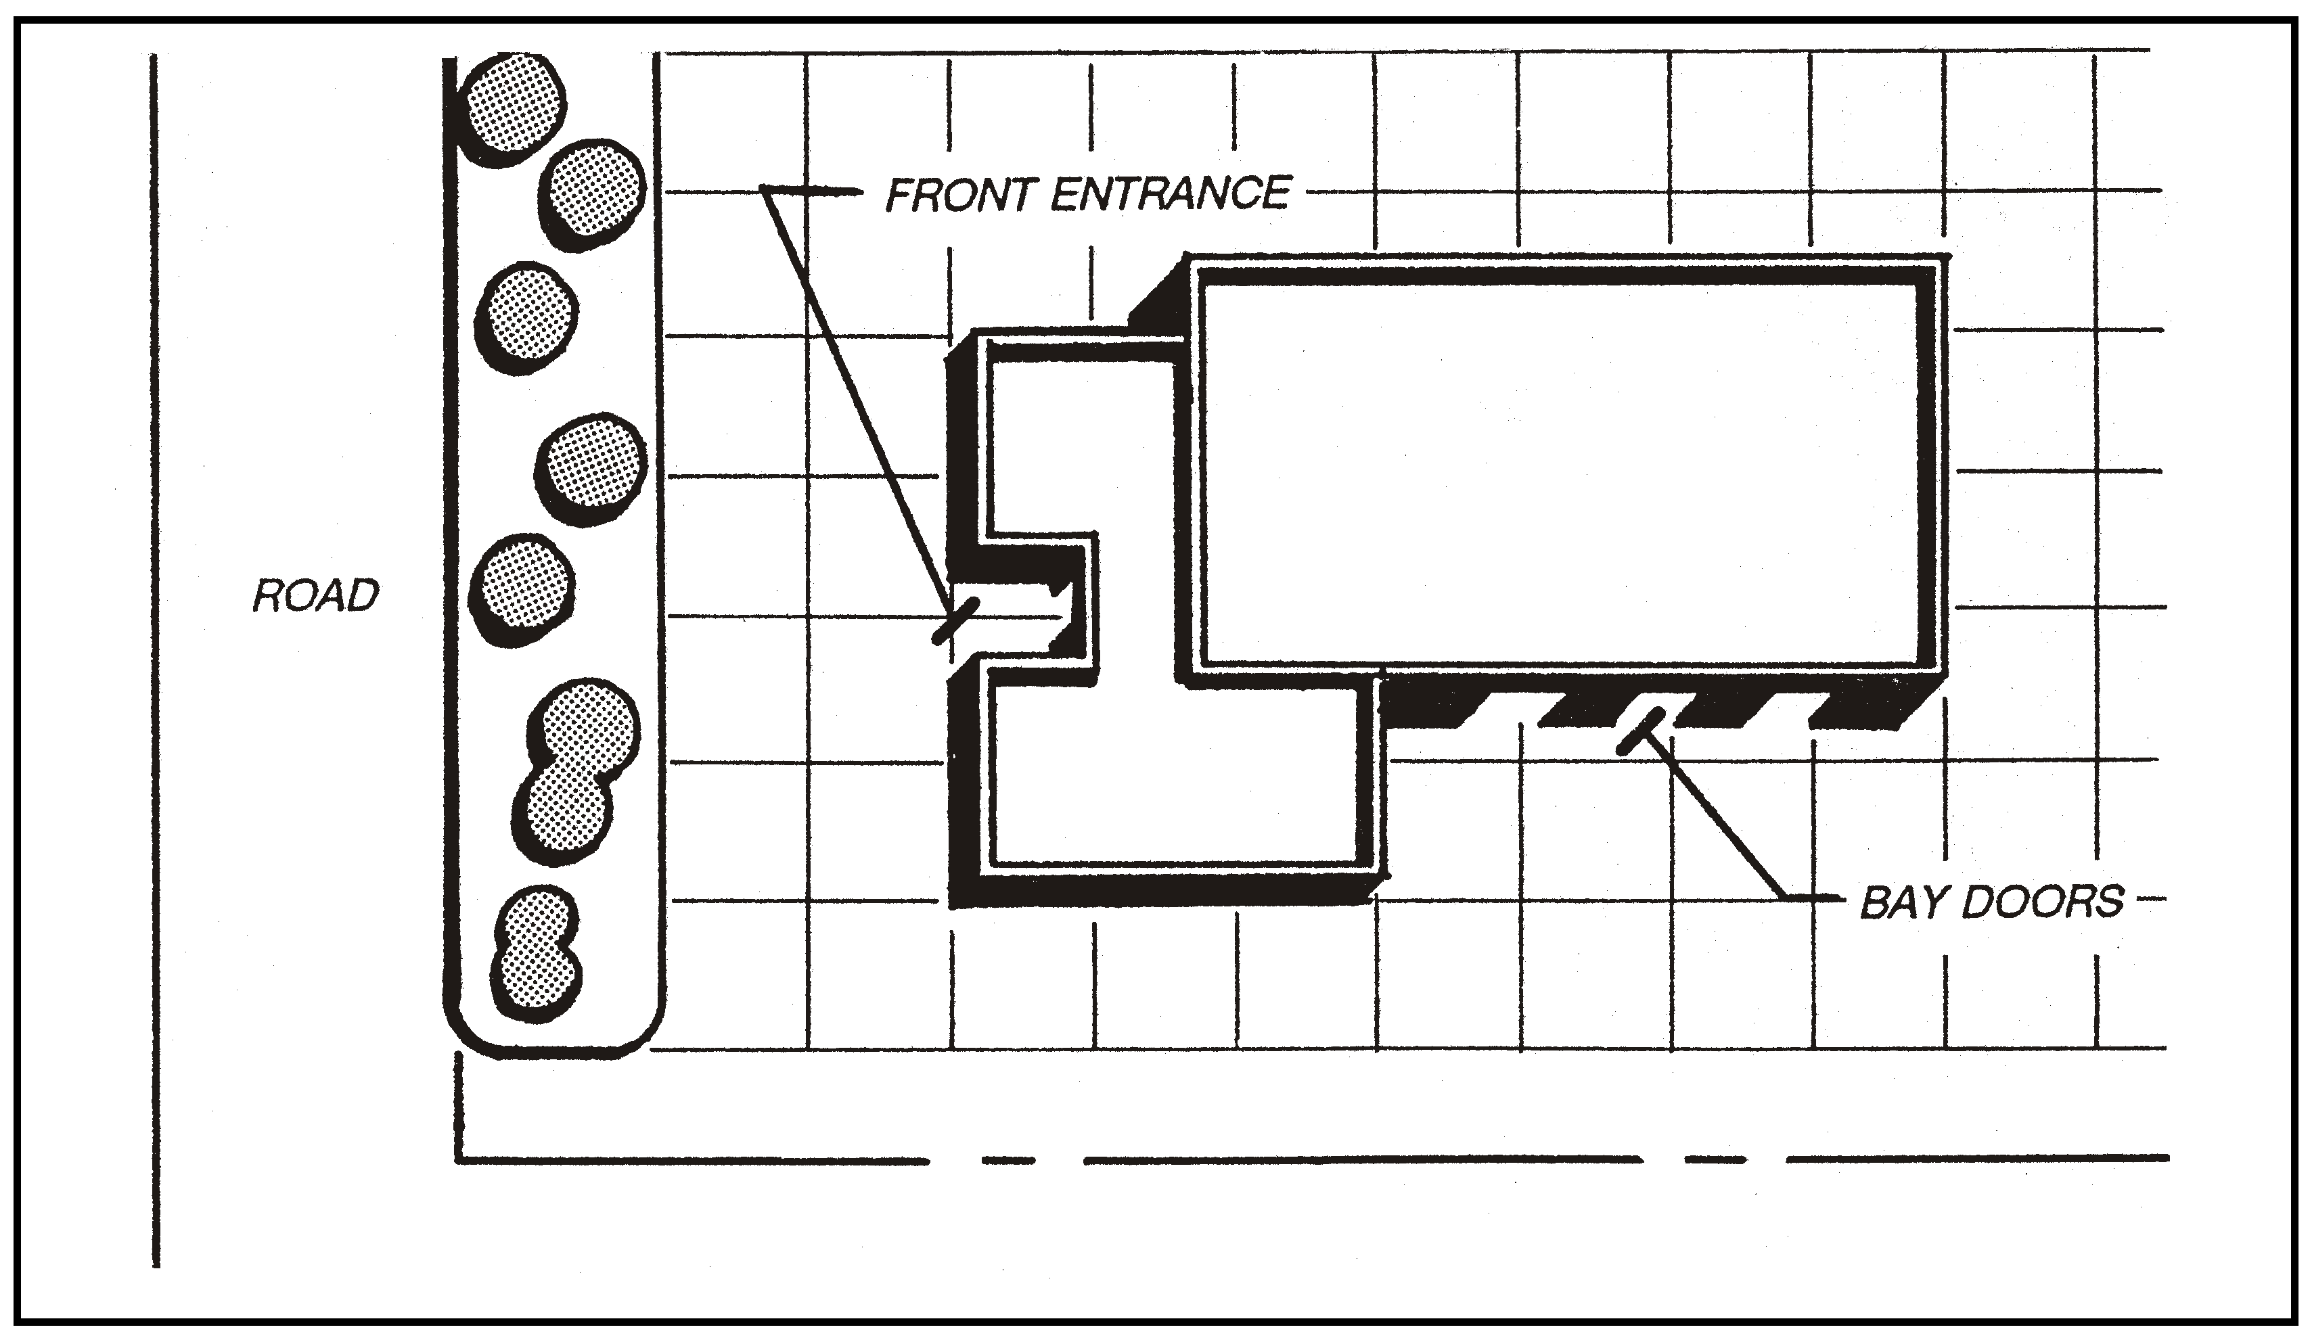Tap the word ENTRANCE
point(1171,193)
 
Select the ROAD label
point(315,596)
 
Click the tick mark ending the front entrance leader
point(956,620)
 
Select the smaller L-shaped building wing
point(1173,779)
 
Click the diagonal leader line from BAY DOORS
point(1714,816)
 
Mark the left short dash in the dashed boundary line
point(1007,1160)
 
